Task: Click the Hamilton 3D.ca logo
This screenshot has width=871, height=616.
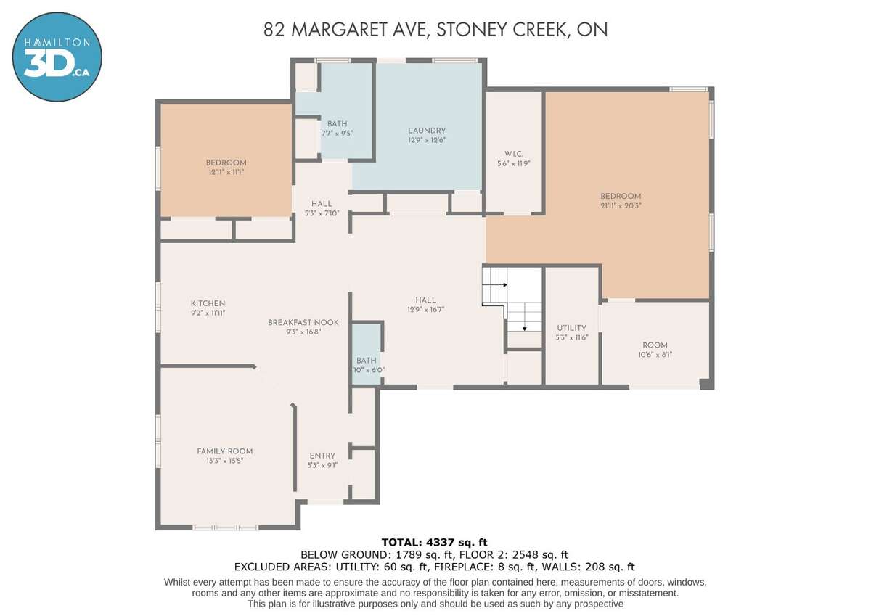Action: [57, 57]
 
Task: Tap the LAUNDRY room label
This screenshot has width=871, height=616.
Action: [427, 131]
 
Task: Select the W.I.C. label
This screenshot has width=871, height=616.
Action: [513, 154]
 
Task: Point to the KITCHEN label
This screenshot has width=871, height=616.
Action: [208, 303]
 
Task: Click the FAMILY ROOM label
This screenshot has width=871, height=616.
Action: [225, 451]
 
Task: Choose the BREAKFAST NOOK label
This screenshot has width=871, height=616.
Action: [303, 323]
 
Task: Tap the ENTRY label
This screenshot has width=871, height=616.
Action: [322, 456]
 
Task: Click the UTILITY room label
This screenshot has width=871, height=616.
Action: [571, 328]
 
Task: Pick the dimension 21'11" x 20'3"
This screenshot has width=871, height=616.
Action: [621, 206]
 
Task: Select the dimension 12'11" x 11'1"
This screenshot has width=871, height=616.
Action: [226, 172]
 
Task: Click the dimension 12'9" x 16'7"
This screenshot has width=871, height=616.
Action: [426, 310]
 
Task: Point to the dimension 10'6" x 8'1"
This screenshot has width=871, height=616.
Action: [655, 355]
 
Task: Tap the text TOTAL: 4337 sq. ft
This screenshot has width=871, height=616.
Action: [434, 542]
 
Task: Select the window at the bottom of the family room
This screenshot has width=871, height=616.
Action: [226, 527]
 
